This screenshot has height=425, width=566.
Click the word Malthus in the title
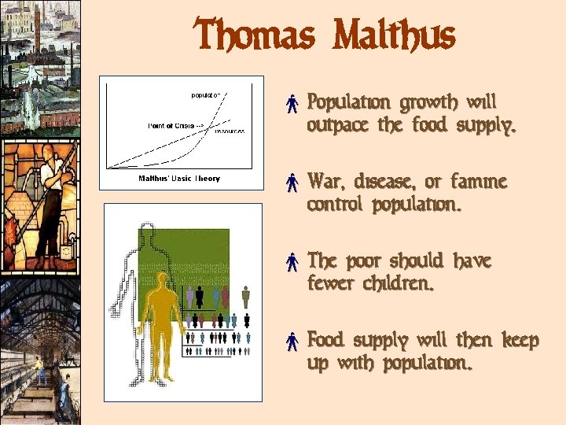(394, 36)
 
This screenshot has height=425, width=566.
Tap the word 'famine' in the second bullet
(479, 183)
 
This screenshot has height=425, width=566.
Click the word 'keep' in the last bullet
(520, 342)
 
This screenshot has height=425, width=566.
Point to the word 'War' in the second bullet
(323, 183)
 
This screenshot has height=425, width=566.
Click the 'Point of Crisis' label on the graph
(171, 125)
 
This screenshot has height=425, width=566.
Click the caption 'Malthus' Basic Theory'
(179, 179)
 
